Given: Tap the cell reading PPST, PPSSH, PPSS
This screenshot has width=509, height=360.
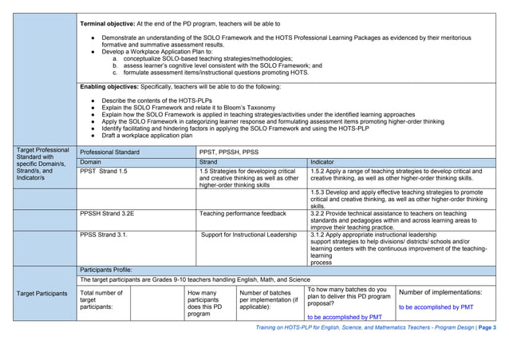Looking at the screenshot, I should click(x=229, y=151).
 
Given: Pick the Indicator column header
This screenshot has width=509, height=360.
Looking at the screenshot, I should click(x=322, y=162).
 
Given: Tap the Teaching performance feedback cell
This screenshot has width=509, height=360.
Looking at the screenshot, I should click(x=243, y=214).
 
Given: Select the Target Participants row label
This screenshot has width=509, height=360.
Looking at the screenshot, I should click(x=42, y=294).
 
